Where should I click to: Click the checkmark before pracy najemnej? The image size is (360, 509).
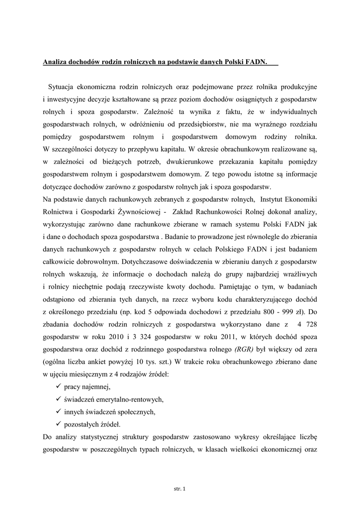tap(59, 387)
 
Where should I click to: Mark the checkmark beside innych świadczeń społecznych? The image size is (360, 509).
tap(59, 412)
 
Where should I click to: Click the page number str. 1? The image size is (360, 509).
tap(180, 490)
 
